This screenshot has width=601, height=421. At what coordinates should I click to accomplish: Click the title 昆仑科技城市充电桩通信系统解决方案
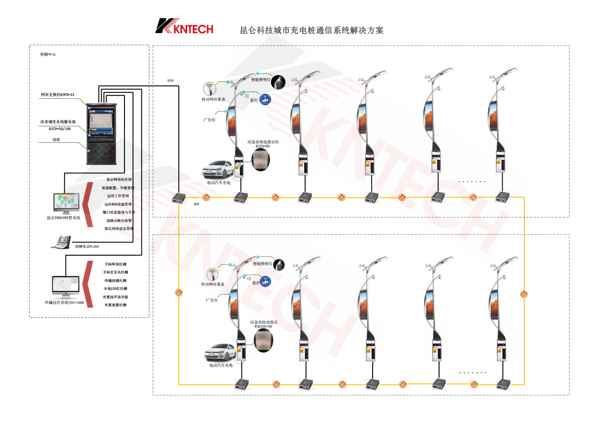312,30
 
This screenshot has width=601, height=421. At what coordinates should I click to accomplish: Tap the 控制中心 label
48,55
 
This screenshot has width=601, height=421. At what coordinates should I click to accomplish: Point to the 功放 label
57,140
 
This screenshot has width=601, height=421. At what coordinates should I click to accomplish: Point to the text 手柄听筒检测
115,264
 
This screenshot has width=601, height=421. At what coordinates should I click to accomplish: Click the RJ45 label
170,81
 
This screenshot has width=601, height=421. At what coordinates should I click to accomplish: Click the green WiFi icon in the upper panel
210,89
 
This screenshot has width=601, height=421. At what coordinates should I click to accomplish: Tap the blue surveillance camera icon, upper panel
265,99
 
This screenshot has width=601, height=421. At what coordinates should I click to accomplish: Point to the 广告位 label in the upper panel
209,120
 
